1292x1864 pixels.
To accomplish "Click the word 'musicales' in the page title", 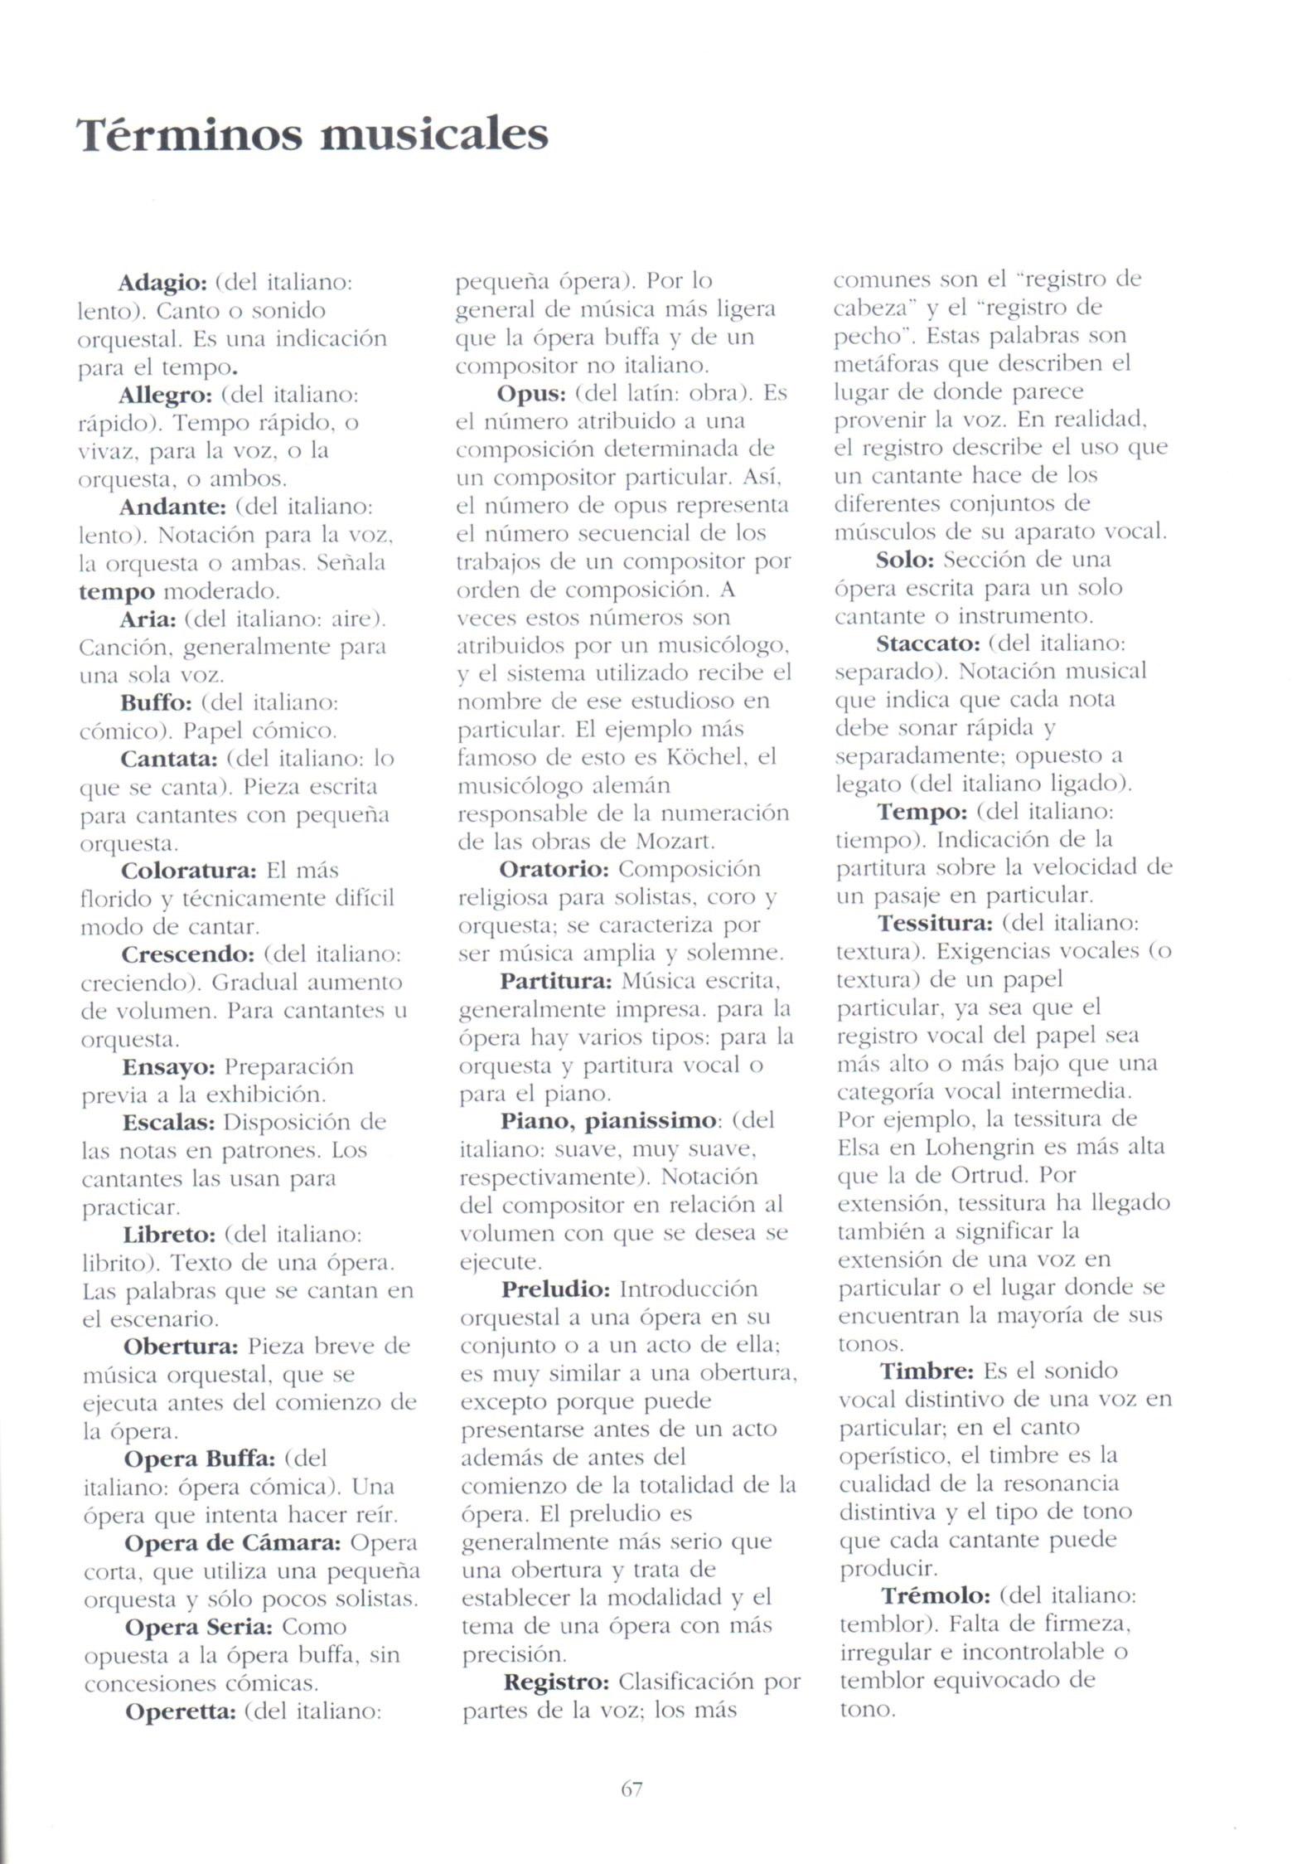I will click(x=433, y=135).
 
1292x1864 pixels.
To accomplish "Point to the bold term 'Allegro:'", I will click(x=166, y=395).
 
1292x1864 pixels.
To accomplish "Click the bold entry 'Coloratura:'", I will click(x=189, y=871).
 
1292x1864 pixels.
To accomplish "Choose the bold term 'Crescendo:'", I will click(x=187, y=954).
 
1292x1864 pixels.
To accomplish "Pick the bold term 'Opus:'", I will click(x=531, y=393).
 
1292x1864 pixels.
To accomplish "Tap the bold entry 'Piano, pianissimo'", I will click(x=608, y=1121).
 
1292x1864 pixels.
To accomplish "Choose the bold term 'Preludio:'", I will click(x=555, y=1289).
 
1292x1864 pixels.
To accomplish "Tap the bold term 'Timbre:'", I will click(x=927, y=1371).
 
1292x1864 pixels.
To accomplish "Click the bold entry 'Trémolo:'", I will click(x=936, y=1595).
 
